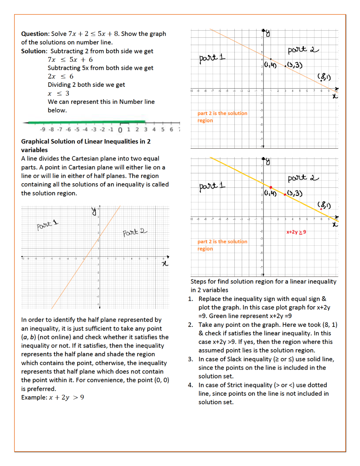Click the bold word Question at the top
click(35, 34)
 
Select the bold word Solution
click(34, 51)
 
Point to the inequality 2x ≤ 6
click(60, 77)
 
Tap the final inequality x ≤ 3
click(58, 94)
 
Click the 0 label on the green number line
click(120, 130)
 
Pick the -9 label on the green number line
click(42, 130)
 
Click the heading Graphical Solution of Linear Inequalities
click(86, 142)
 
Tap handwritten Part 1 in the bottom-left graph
click(47, 225)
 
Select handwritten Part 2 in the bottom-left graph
click(134, 232)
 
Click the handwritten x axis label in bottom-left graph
click(165, 263)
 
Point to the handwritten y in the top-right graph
click(268, 34)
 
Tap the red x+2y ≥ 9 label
click(296, 232)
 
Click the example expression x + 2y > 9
click(66, 398)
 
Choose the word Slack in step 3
click(234, 359)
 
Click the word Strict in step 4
click(235, 385)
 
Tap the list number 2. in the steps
click(191, 325)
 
